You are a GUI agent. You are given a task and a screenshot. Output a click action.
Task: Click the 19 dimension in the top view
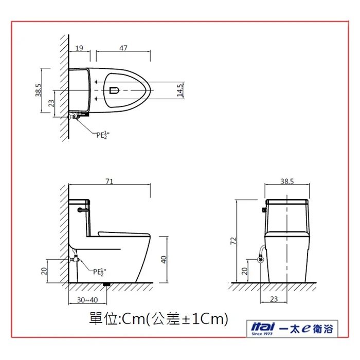click(x=79, y=48)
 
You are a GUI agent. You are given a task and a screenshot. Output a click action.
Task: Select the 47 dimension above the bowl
click(x=123, y=48)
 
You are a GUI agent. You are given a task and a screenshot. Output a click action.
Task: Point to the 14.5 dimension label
click(x=180, y=90)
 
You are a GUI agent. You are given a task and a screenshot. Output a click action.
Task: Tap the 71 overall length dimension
click(x=110, y=182)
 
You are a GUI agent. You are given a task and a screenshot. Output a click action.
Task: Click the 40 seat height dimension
click(x=164, y=260)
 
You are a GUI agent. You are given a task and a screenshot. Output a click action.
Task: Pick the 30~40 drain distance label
click(x=87, y=300)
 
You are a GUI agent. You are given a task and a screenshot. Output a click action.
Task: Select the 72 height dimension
click(x=233, y=241)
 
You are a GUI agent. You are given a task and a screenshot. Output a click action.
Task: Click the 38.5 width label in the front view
click(x=287, y=182)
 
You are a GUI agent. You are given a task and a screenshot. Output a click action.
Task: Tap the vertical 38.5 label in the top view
click(x=39, y=90)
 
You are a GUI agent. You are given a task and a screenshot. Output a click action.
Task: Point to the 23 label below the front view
click(x=274, y=299)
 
